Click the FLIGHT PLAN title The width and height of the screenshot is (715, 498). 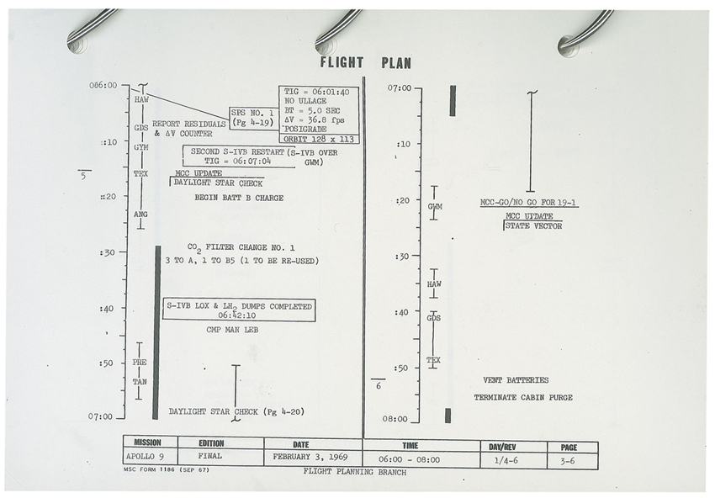(365, 62)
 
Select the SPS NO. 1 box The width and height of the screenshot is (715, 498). (253, 118)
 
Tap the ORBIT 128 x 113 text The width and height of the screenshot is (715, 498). (319, 139)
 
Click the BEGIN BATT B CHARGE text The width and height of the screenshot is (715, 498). (239, 198)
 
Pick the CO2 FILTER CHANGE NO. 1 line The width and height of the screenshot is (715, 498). (241, 248)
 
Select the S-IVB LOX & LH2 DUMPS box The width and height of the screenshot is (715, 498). (239, 310)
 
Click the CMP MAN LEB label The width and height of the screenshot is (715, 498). (232, 329)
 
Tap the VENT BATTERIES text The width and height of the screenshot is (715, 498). (516, 380)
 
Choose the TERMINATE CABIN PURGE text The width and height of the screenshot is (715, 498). (523, 397)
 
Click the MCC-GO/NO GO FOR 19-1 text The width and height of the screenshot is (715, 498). (528, 203)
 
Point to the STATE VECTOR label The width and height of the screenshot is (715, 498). (533, 225)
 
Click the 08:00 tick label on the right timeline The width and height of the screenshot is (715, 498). (395, 419)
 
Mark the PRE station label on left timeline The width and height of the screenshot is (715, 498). (140, 362)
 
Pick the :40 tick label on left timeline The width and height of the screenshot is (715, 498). (106, 309)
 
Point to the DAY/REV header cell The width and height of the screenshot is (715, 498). (514, 447)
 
